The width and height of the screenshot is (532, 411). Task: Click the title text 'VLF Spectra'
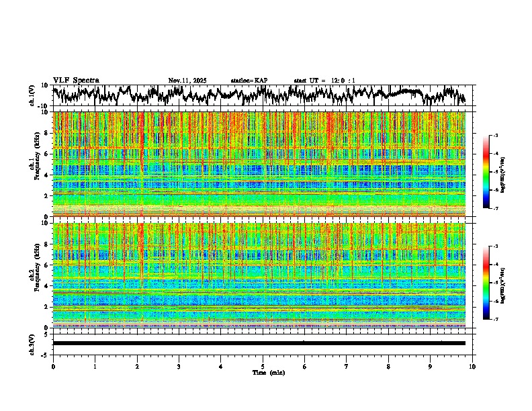76,81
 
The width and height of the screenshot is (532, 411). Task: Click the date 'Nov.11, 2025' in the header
187,81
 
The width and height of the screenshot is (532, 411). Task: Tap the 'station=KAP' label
249,81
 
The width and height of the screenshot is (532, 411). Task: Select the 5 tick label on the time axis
263,367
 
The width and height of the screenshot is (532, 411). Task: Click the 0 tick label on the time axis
53,367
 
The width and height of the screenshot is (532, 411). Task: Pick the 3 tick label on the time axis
179,367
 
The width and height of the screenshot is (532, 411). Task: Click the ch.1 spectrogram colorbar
486,172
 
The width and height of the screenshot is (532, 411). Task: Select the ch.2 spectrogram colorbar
486,283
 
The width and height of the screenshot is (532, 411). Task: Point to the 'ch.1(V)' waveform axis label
32,95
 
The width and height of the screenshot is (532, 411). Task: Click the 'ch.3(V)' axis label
32,343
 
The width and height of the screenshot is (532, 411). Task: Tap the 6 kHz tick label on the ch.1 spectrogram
45,154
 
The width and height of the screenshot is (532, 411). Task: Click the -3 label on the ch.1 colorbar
496,136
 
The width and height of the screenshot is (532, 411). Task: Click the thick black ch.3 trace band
259,343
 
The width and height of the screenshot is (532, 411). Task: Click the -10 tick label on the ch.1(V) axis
43,106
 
